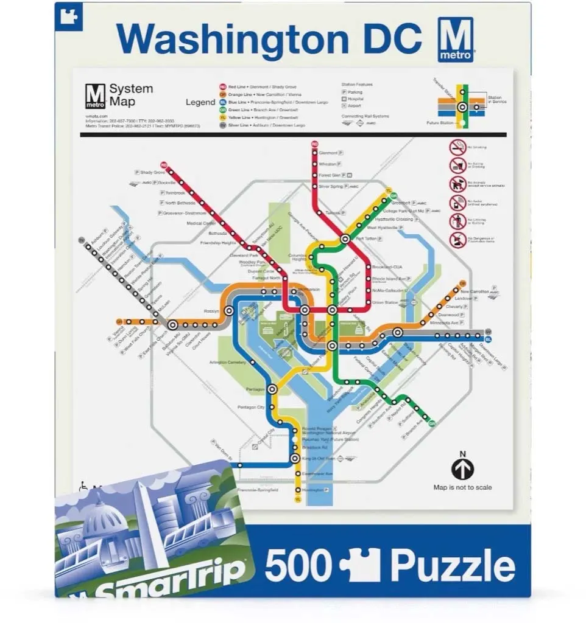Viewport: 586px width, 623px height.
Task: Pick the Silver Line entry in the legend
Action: click(258, 125)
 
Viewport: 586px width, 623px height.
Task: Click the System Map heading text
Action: click(130, 95)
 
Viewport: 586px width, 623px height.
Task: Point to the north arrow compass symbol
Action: click(462, 468)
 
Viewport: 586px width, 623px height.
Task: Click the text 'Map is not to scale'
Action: click(462, 487)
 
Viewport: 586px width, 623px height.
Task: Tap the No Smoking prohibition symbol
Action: click(457, 147)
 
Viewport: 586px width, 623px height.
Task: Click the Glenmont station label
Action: click(328, 153)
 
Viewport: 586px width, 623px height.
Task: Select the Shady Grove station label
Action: click(152, 173)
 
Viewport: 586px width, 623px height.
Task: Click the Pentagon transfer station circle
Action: click(272, 388)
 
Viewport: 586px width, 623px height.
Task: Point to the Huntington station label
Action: click(312, 490)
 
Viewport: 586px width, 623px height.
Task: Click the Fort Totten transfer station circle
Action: click(345, 239)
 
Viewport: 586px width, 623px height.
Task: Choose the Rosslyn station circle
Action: click(229, 310)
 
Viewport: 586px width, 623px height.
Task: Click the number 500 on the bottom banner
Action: click(298, 566)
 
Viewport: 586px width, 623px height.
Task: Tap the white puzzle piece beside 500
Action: click(359, 565)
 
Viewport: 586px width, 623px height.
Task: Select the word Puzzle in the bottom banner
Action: click(453, 566)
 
